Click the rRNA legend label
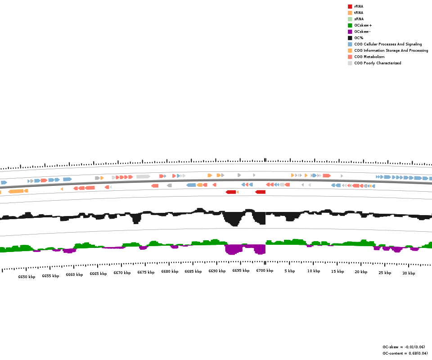click(x=359, y=6)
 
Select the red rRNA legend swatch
click(x=350, y=6)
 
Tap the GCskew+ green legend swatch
click(x=350, y=25)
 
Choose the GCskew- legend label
click(x=362, y=31)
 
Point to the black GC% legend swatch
click(x=350, y=38)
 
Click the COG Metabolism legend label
click(x=369, y=57)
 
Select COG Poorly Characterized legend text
click(x=377, y=63)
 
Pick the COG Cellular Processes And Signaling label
click(x=388, y=44)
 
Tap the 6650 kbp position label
click(x=27, y=277)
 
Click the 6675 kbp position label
click(x=146, y=272)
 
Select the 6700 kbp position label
click(x=265, y=270)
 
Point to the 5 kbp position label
click(x=290, y=271)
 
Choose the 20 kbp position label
click(x=361, y=272)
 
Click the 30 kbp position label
click(x=409, y=273)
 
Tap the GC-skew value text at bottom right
click(x=404, y=347)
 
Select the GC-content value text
click(x=405, y=353)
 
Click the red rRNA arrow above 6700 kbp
click(x=260, y=192)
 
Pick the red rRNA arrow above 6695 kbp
click(x=231, y=192)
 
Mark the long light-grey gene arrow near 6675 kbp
click(x=143, y=176)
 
